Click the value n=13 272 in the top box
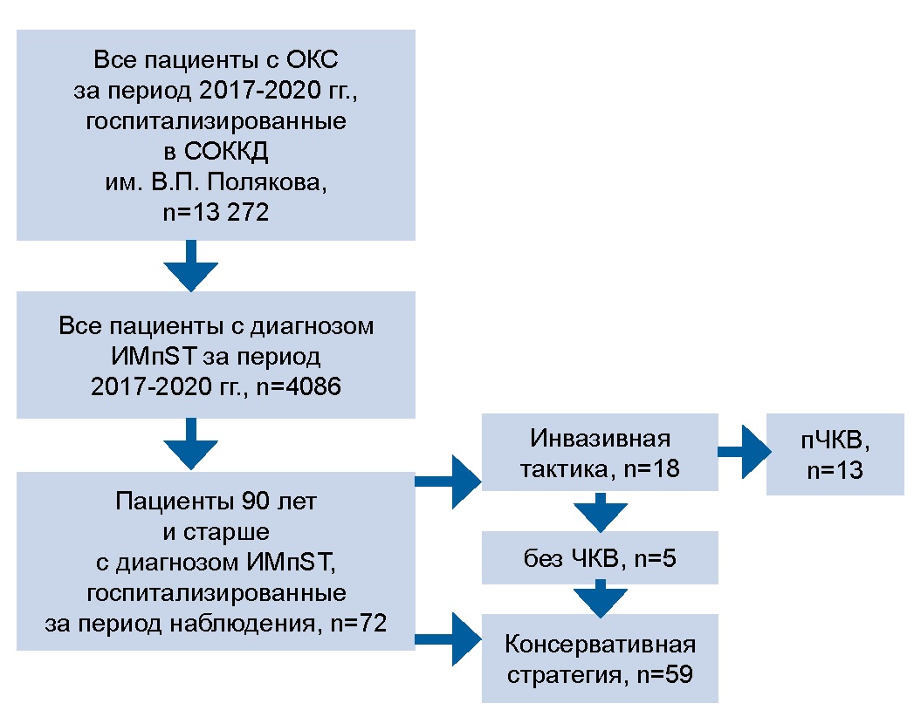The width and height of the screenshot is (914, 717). (x=215, y=211)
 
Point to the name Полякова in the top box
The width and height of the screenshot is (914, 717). (x=262, y=181)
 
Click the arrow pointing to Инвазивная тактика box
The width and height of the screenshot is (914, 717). (x=449, y=479)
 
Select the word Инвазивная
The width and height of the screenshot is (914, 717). (x=599, y=440)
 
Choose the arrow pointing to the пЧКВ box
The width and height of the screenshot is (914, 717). (x=741, y=452)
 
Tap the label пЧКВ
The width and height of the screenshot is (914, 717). (x=835, y=441)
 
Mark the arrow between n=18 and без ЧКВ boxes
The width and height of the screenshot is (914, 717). (x=600, y=511)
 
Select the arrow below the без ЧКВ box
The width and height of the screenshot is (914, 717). (x=600, y=598)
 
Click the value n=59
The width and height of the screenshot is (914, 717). (x=661, y=674)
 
